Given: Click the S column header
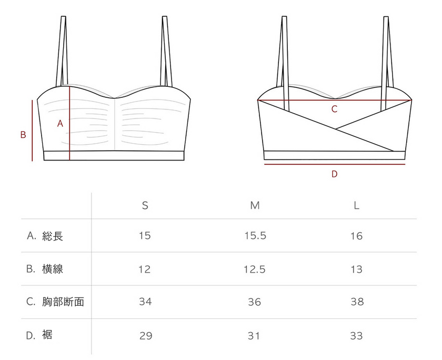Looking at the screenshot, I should pos(145,205).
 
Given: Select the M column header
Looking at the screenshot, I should pos(255,205).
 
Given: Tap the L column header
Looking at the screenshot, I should pos(356,205).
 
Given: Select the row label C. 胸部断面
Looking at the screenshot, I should pos(55,302).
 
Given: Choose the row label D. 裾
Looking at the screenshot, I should pos(39,335).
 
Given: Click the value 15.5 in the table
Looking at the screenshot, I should pos(255,236).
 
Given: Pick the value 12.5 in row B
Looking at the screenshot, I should pos(255,269).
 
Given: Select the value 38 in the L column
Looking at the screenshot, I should pos(357,302).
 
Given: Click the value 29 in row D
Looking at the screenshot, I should pos(146,335).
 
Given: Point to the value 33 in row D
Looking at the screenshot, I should pos(356,335).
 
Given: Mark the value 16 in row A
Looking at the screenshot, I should pos(356,236).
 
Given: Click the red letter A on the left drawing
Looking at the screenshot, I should pos(60,124).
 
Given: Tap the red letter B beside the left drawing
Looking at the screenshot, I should pos(23,135).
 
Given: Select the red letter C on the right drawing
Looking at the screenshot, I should pos(334,109).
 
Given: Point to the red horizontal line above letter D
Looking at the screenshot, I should pos(334,164).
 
